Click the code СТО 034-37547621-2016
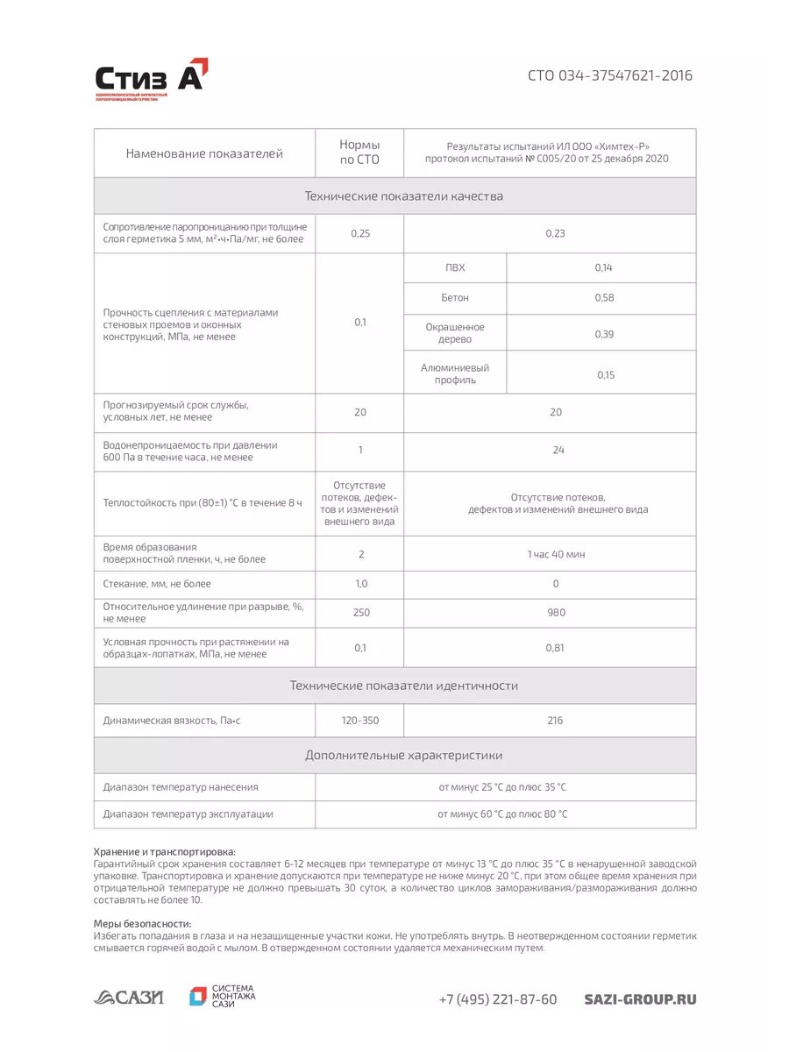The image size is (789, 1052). point(609,75)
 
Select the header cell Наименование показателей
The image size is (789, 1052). point(204,153)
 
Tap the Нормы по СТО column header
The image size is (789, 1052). point(359,153)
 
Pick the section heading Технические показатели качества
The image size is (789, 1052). point(403,196)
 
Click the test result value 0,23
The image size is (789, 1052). point(555,233)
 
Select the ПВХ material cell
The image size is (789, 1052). point(455,267)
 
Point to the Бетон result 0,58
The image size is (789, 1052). point(604,298)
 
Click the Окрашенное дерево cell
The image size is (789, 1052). point(455,333)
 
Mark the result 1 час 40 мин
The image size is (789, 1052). point(556,554)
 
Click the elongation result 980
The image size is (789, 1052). point(556,613)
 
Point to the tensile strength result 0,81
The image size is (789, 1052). point(556,648)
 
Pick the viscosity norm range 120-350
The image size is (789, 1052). point(360,721)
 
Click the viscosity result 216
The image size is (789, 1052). point(555,721)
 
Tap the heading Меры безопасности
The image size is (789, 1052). point(142,924)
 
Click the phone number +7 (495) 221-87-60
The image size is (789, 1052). point(498,999)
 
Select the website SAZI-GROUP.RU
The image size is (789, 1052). point(640,999)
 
